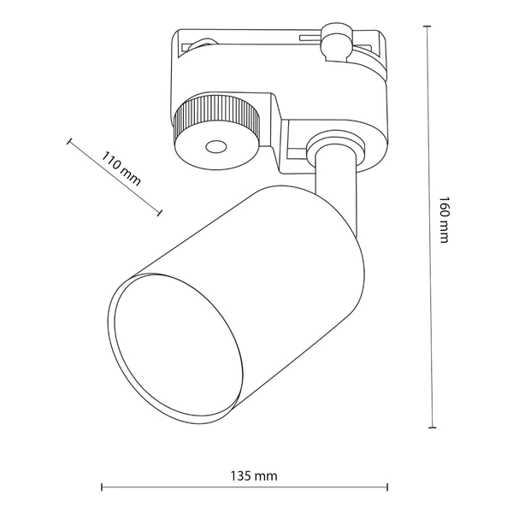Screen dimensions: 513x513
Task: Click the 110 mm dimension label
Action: click(120, 168)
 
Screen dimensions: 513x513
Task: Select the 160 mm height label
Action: click(443, 220)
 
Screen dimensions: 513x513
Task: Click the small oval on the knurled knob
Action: click(215, 147)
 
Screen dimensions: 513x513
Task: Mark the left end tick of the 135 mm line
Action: click(102, 488)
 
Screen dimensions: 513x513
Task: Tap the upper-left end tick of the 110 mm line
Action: click(68, 141)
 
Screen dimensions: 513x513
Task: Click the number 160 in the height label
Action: click(443, 209)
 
